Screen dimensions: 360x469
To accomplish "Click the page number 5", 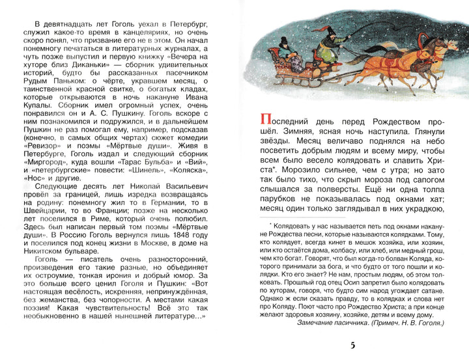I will coord(354,344).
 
